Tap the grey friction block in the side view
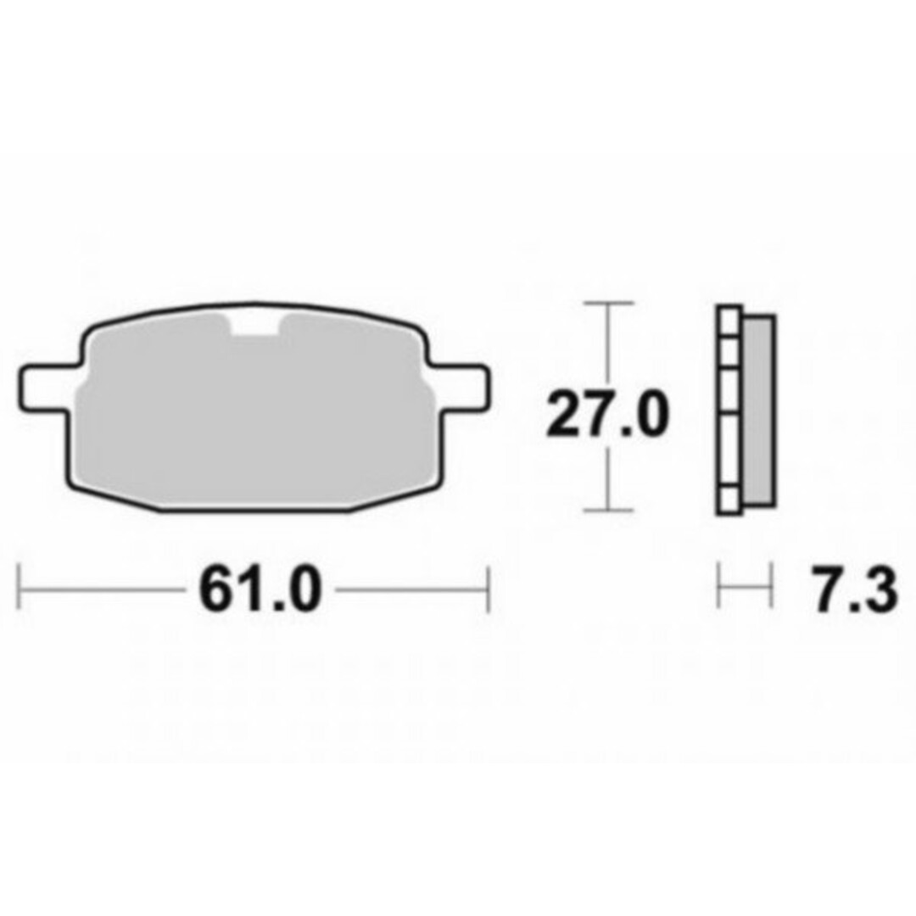[x=759, y=412]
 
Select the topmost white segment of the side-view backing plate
[x=729, y=321]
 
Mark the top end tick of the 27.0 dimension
[x=608, y=302]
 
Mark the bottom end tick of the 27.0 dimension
[x=608, y=511]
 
